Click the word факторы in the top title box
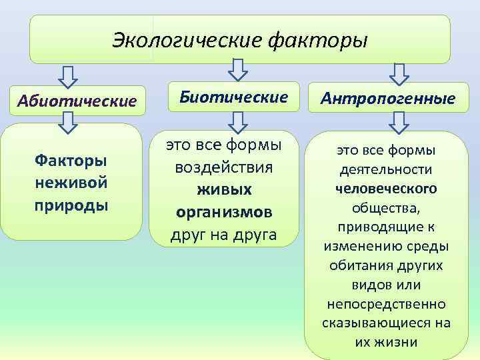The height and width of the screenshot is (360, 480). coord(317,40)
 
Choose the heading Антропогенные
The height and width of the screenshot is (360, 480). coord(388,99)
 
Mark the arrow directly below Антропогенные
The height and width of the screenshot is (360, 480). coord(399,121)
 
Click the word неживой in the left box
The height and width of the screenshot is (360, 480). coord(71,182)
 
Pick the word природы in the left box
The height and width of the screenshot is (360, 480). coord(71,203)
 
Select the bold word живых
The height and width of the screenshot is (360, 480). coord(223,189)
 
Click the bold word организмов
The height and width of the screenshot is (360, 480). coord(223,211)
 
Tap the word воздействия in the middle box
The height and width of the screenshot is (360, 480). coord(223,167)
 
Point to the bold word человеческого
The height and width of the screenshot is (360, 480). coord(386,189)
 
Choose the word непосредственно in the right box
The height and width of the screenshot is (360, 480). coord(386,303)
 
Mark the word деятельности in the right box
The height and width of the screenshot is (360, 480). coord(386,169)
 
